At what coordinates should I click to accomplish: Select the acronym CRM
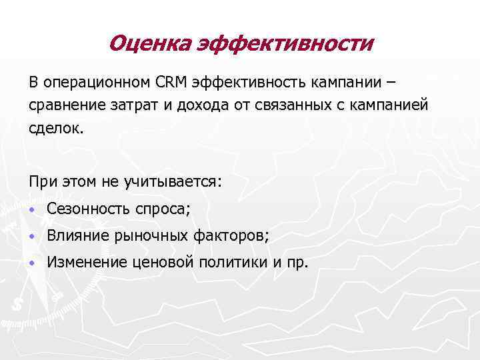point(172,82)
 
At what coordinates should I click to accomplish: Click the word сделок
point(57,129)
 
